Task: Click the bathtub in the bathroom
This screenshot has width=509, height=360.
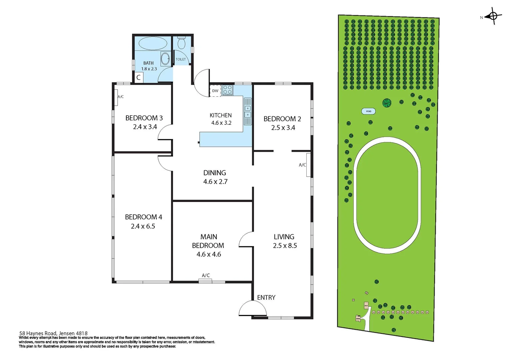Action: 153,43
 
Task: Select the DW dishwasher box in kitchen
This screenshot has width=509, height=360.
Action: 215,91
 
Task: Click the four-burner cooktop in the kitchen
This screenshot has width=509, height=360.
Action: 227,90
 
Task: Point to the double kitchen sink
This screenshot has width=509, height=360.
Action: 248,111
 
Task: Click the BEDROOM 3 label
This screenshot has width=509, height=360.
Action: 144,118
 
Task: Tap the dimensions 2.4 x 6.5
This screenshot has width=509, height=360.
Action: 143,226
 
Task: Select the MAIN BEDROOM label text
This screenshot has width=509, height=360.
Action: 208,241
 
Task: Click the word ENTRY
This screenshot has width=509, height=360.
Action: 266,297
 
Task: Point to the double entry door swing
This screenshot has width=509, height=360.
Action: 253,309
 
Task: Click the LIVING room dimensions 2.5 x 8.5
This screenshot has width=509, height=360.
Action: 285,246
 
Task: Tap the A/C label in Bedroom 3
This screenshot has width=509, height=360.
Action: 121,97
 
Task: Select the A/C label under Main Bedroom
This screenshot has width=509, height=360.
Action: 206,275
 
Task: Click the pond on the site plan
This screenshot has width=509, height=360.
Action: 368,111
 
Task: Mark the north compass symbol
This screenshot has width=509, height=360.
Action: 493,16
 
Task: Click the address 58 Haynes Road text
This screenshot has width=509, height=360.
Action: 53,333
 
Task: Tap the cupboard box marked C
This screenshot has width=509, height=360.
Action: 138,78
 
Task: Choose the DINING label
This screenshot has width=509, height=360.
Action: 214,173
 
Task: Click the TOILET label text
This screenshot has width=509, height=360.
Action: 181,59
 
